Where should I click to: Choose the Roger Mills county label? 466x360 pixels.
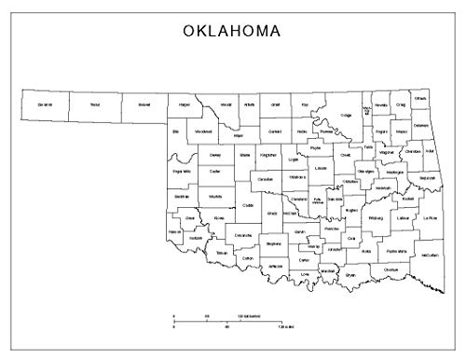(x=182, y=172)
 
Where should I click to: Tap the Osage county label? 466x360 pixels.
(x=345, y=115)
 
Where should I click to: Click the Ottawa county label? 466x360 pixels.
(x=420, y=99)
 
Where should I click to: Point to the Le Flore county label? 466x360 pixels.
(x=430, y=218)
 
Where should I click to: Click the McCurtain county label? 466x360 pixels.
(x=430, y=255)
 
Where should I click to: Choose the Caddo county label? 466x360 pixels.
(x=247, y=205)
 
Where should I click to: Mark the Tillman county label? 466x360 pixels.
(x=222, y=253)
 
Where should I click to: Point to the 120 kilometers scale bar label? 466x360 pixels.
(x=248, y=318)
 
